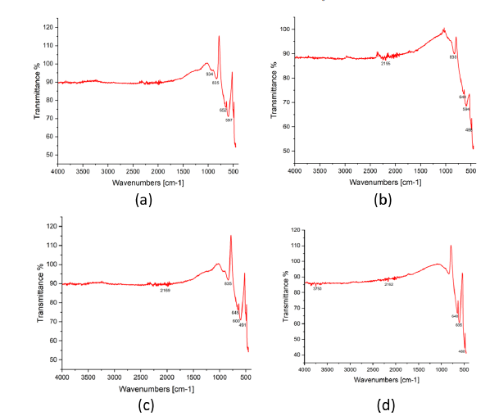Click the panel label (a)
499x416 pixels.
[x=133, y=198]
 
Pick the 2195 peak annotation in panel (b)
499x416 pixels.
[x=385, y=63]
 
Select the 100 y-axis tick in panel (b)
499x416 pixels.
[x=286, y=29]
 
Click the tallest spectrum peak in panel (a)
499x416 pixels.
[x=219, y=36]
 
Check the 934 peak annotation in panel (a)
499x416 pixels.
[x=210, y=74]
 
